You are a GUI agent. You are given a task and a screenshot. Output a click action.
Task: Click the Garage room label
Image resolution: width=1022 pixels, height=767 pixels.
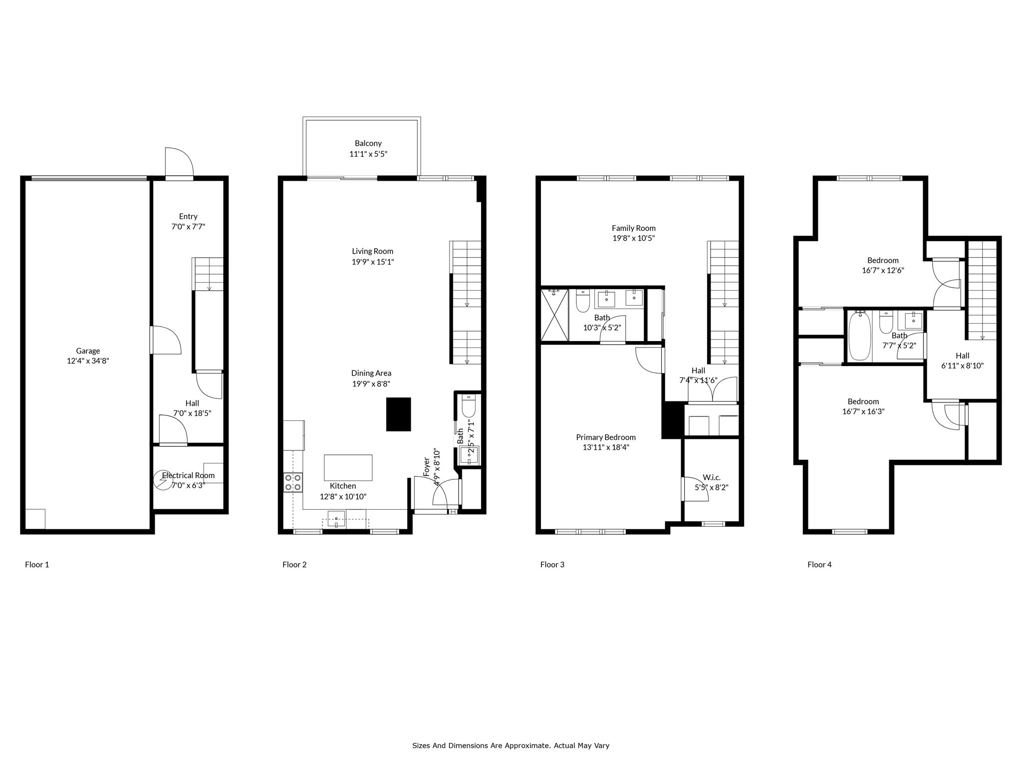pos(88,351)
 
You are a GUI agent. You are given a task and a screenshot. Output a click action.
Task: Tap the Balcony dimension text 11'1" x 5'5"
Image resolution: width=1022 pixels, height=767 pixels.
pos(368,154)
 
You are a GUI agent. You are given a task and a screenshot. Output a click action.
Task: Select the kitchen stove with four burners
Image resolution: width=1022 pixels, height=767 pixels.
pos(293,482)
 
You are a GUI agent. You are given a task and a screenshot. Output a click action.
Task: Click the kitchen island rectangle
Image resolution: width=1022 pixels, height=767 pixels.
pos(348,467)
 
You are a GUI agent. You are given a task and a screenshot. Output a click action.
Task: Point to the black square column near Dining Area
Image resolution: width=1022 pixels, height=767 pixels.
pos(398,414)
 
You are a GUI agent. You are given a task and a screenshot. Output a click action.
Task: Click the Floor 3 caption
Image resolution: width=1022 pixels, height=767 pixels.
pos(552,565)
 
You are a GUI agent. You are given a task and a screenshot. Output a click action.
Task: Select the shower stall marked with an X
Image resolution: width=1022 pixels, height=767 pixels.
pos(554,315)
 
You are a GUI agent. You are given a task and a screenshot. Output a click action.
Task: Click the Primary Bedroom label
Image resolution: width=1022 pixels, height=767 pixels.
pos(605,437)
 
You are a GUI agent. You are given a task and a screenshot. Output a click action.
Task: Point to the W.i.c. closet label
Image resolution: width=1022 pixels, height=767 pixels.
pos(711,477)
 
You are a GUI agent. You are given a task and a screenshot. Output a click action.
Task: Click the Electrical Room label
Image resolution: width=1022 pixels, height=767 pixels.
pos(188,475)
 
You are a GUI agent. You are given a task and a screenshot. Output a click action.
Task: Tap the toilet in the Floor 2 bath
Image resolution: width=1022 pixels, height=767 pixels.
pos(468,406)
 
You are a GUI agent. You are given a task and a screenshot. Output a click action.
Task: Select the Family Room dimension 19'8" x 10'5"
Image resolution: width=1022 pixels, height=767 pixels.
pos(633,239)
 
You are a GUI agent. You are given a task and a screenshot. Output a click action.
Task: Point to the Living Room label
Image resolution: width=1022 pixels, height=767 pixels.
pos(372,251)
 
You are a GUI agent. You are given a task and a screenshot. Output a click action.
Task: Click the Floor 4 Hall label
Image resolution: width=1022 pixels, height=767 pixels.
pos(962,356)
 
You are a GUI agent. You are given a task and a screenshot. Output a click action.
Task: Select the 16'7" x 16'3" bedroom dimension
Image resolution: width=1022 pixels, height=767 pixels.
pos(863,412)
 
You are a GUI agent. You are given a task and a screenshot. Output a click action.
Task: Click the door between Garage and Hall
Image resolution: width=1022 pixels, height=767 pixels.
pos(165,341)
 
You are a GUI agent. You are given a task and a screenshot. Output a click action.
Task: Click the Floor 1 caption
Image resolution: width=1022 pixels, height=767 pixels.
pos(37,565)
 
